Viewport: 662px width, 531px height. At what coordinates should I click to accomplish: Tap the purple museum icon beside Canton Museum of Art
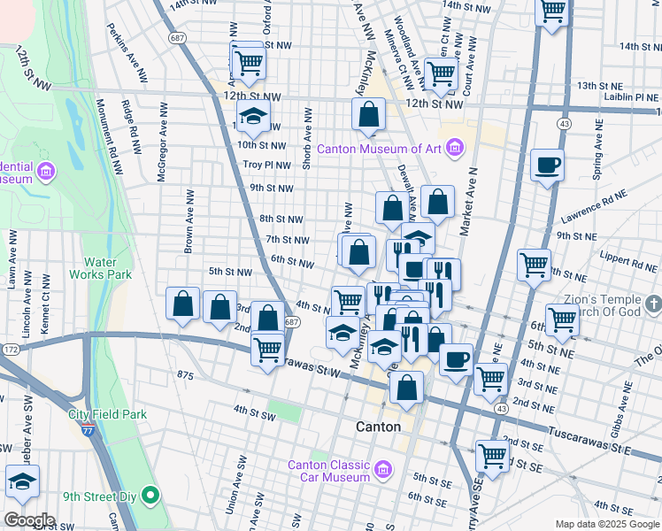click(x=454, y=148)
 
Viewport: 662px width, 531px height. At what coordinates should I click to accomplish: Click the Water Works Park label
click(x=107, y=268)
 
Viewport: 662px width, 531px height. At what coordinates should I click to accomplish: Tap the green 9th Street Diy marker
click(x=150, y=496)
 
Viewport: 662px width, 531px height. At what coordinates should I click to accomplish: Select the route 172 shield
click(x=10, y=351)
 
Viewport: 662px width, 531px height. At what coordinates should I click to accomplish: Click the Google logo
click(x=30, y=519)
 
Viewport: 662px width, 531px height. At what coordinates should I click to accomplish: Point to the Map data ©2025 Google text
click(x=606, y=523)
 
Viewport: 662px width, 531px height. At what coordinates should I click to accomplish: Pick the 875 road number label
click(x=184, y=376)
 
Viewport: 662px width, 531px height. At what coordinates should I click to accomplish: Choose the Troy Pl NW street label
click(x=267, y=165)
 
